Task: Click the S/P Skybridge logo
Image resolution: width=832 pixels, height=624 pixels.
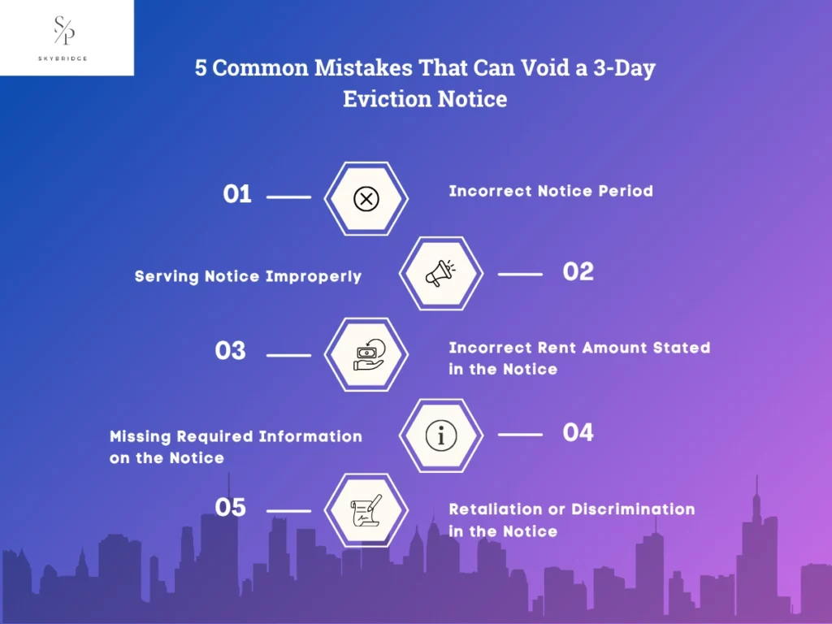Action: (63, 37)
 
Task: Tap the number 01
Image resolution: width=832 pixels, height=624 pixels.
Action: (237, 194)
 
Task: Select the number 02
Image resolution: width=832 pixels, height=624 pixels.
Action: (578, 271)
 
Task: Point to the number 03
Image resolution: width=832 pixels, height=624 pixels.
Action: (230, 351)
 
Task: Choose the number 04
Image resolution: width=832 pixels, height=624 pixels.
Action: (578, 432)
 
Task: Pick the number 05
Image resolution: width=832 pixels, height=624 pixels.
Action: (230, 507)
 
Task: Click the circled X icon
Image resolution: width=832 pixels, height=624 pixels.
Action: (366, 199)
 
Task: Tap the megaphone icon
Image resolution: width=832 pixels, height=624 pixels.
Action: (440, 273)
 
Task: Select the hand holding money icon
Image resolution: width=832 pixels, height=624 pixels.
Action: (369, 354)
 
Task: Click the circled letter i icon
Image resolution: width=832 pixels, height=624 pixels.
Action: (441, 435)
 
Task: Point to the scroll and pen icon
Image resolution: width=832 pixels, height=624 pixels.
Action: (366, 510)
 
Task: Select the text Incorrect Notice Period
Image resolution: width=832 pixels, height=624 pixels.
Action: (551, 191)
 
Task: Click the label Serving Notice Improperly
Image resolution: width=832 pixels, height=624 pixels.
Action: (248, 276)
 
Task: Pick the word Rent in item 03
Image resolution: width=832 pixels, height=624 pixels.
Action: (557, 348)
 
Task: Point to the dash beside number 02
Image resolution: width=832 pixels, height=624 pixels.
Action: (520, 275)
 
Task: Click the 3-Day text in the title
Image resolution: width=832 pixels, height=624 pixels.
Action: (625, 68)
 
